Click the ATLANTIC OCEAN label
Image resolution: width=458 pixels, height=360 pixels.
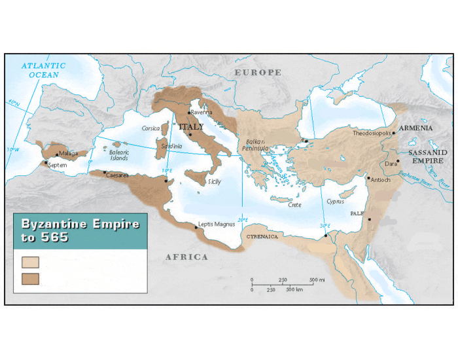(x=43, y=70)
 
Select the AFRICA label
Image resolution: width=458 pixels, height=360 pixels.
(x=186, y=257)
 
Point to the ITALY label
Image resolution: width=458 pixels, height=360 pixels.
(x=192, y=127)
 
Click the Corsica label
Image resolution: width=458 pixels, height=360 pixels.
(x=151, y=128)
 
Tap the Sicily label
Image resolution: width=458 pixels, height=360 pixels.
(x=214, y=181)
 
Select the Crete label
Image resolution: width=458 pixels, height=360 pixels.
(x=294, y=205)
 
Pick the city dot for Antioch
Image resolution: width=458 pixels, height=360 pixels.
(x=369, y=179)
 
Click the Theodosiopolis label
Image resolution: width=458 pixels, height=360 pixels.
(x=371, y=133)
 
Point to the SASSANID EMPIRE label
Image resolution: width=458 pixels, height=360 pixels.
(x=427, y=156)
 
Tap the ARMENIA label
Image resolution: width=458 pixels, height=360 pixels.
(x=415, y=128)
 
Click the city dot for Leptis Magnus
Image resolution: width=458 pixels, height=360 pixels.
(x=196, y=228)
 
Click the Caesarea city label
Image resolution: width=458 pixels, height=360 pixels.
(x=117, y=175)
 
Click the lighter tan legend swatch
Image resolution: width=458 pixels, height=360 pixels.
(x=30, y=262)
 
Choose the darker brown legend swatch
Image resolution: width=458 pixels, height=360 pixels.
(x=30, y=279)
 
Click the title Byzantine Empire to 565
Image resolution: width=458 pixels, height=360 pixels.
(x=79, y=230)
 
